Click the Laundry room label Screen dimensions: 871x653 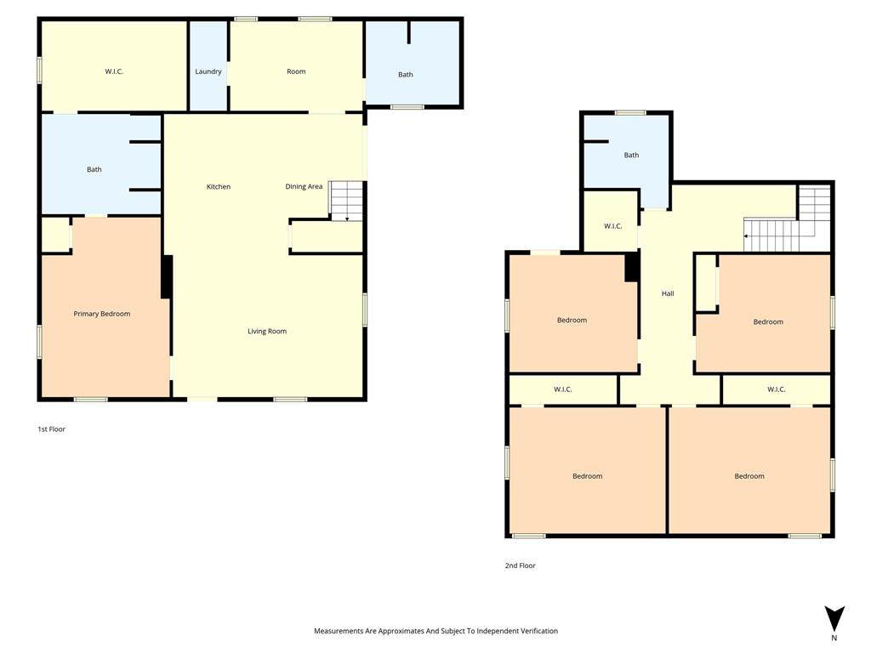[208, 71]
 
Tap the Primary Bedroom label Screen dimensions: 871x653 [102, 314]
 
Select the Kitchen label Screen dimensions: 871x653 [219, 186]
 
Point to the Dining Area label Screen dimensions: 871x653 [304, 186]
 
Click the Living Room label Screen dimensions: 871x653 [267, 332]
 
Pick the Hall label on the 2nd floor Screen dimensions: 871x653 [668, 293]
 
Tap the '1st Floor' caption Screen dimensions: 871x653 [52, 429]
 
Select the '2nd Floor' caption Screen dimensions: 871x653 [521, 565]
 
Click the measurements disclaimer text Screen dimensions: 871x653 [436, 631]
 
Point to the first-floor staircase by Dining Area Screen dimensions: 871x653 [347, 201]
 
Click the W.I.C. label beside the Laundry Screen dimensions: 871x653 [114, 71]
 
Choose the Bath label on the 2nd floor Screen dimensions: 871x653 [632, 156]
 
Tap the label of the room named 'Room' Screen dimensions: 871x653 [296, 71]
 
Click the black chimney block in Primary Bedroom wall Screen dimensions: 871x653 [167, 277]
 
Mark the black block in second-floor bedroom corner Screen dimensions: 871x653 [632, 267]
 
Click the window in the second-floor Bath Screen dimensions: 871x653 [630, 113]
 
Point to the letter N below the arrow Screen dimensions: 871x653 [834, 638]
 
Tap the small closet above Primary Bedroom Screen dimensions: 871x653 [55, 235]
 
